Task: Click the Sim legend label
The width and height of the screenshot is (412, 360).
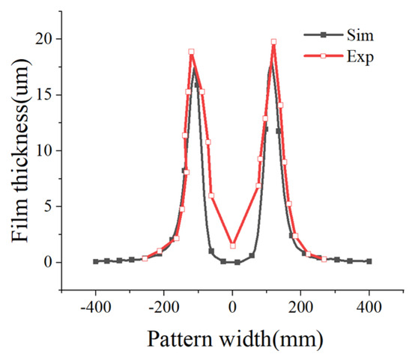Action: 360,35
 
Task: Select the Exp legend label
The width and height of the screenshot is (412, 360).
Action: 360,57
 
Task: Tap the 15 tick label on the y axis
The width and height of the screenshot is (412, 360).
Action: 43,95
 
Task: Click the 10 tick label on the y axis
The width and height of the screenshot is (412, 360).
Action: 43,150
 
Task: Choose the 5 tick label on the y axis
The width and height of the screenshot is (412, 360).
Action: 47,207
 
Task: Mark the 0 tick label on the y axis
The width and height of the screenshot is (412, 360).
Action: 47,262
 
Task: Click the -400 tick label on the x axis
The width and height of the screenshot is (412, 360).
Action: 96,307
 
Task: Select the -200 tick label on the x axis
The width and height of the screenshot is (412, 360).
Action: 164,307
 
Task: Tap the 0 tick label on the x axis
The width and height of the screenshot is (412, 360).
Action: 232,307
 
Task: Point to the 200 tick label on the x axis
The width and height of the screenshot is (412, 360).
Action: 300,307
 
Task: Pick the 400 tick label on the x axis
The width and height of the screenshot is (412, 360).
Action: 369,307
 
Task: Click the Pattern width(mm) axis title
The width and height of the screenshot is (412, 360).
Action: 235,340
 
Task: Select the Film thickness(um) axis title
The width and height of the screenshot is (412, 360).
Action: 20,150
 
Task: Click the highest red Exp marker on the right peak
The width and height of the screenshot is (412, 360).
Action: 273,42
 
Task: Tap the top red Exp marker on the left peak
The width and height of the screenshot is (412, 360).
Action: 191,52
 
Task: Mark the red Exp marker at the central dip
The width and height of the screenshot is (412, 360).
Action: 233,245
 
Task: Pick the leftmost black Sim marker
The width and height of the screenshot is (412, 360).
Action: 96,261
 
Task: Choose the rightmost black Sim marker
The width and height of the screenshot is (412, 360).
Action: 369,261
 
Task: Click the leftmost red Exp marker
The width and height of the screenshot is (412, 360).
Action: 145,259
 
